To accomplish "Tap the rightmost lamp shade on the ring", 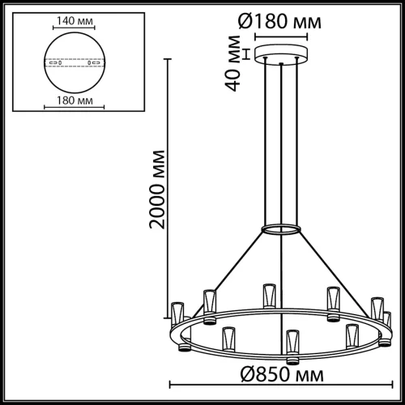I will click(x=386, y=318).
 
